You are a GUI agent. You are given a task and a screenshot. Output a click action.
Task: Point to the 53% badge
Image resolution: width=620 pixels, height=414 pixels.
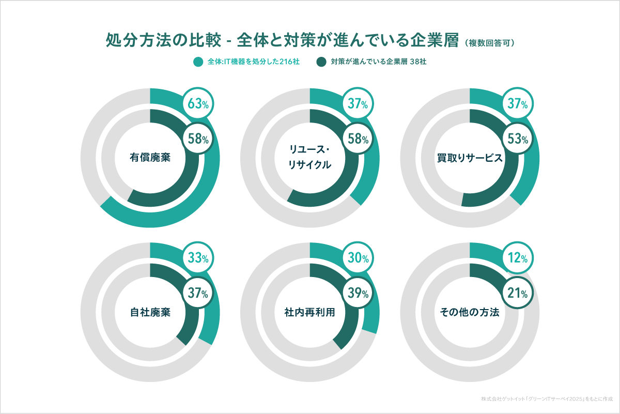coord(518,139)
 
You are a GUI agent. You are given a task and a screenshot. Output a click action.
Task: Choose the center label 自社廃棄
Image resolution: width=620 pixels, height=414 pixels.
coord(150,313)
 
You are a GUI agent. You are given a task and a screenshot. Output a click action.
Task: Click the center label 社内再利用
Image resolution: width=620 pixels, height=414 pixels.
coord(309,313)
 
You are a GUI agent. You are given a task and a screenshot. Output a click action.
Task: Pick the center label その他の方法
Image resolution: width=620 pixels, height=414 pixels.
coord(469,313)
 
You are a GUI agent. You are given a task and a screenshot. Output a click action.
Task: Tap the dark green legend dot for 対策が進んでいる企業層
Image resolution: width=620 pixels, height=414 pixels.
coord(322,62)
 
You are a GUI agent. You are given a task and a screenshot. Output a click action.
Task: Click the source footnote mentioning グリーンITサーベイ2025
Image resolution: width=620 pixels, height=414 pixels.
coord(546,399)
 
